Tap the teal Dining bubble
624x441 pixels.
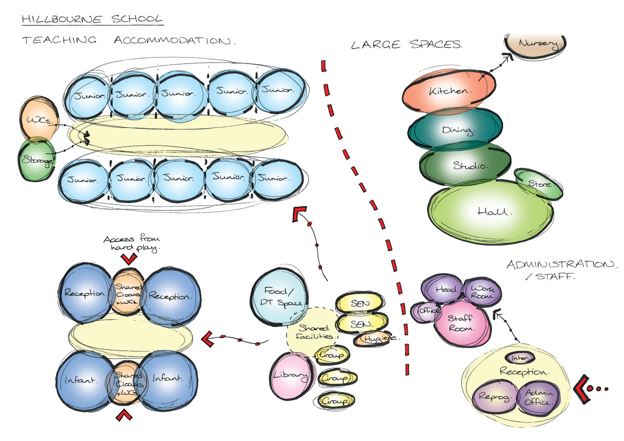pos(456,129)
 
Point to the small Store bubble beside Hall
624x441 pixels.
pos(539,184)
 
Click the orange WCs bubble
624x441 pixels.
pos(36,120)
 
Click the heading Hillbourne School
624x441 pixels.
pos(91,19)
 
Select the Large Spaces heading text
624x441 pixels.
pos(406,45)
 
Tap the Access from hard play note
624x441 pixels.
pos(129,243)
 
